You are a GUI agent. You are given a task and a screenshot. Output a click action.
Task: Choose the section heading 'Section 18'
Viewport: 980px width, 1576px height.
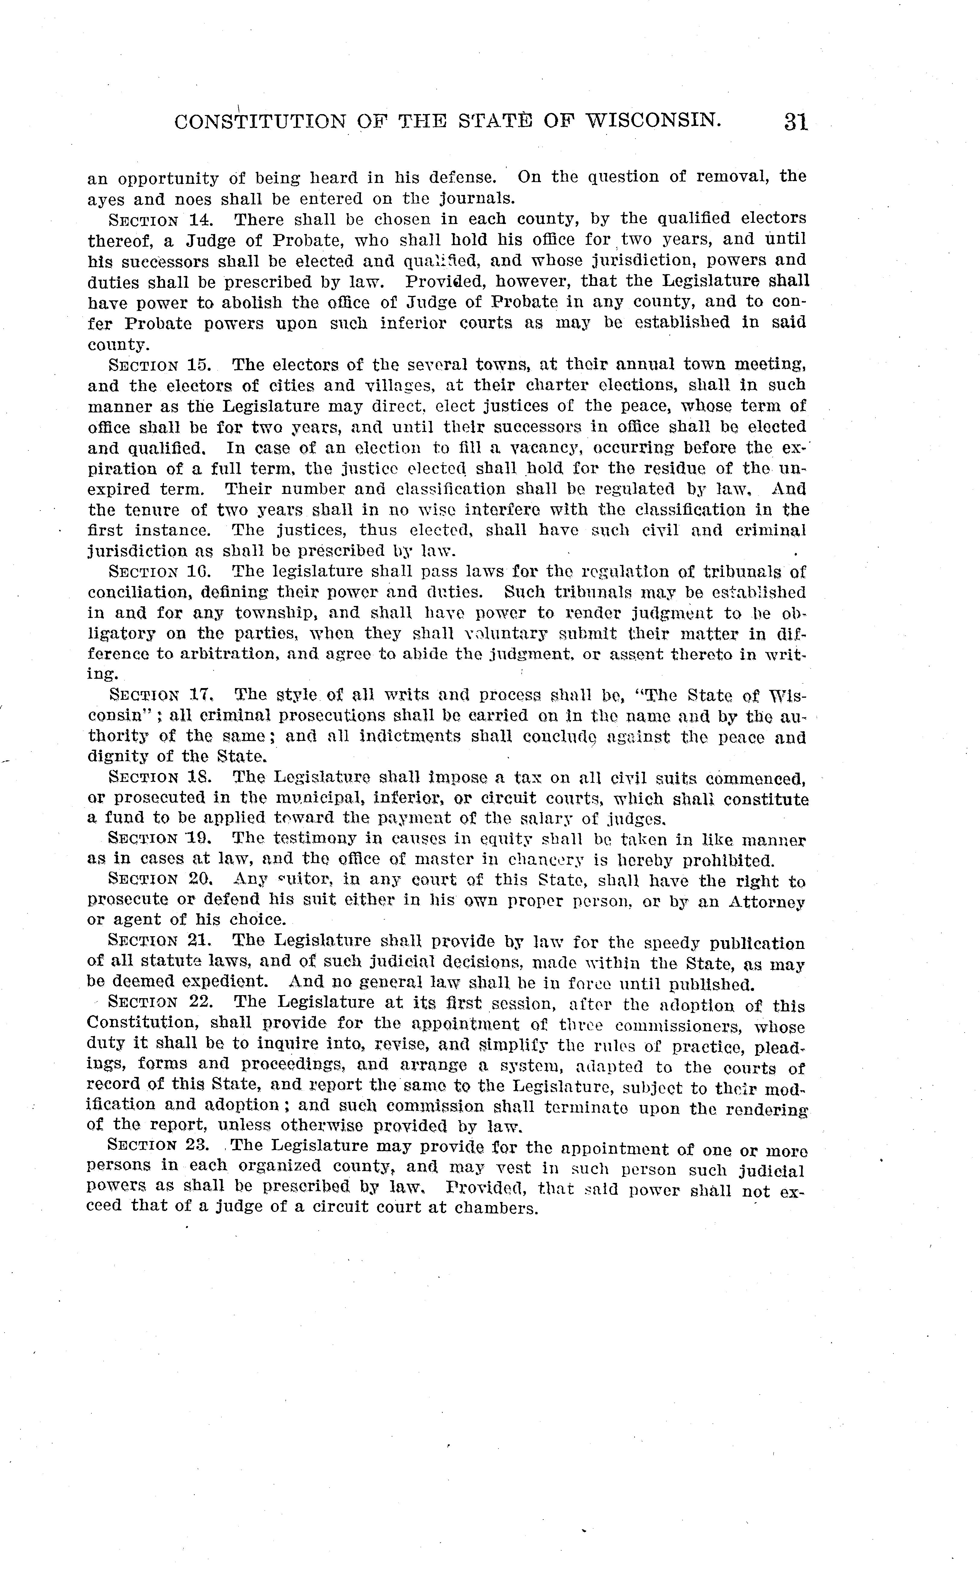[161, 778]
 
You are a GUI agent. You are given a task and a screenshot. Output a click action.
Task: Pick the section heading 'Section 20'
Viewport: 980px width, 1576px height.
[161, 880]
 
